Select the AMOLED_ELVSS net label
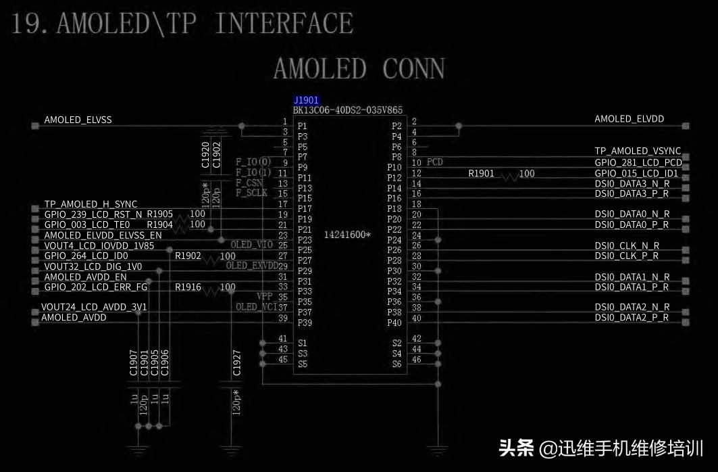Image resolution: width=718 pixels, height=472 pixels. click(x=78, y=120)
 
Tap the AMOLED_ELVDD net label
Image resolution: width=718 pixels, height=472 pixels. click(x=629, y=119)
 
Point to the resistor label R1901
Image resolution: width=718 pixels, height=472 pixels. click(x=481, y=174)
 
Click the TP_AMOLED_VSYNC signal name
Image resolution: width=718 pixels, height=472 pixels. click(x=637, y=151)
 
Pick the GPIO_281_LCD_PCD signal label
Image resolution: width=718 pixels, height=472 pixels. click(x=638, y=163)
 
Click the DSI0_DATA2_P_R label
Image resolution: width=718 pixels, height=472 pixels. click(x=632, y=318)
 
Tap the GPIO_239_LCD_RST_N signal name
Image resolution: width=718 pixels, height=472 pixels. click(x=93, y=214)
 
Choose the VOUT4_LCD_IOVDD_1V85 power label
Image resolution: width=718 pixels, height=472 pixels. click(x=99, y=245)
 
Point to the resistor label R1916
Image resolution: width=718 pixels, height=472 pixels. click(x=188, y=287)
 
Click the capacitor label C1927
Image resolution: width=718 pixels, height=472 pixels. click(x=236, y=362)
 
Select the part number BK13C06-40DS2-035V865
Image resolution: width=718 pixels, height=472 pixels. click(x=347, y=110)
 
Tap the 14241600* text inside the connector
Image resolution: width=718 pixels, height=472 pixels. click(x=347, y=235)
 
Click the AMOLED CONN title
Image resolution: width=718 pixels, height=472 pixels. click(x=359, y=68)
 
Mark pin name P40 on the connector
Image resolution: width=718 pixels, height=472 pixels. click(x=394, y=323)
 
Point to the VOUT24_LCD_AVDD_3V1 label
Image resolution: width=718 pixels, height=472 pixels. click(x=94, y=307)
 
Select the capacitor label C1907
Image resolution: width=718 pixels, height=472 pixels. click(x=133, y=362)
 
